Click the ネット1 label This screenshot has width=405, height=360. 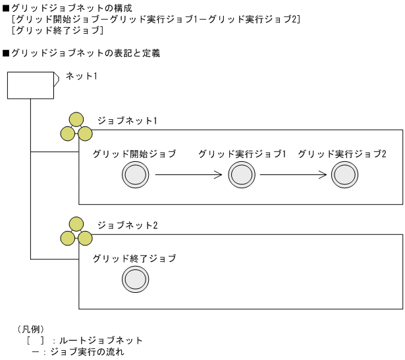pos(81,77)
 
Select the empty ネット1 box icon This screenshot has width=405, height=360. pos(30,86)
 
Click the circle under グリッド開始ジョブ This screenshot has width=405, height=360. pos(135,176)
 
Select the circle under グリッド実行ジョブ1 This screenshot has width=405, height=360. pos(242,176)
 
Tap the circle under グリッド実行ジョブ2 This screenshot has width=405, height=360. pos(344,176)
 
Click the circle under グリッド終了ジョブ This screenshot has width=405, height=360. pos(135,280)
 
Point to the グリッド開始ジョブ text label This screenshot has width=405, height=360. pos(135,154)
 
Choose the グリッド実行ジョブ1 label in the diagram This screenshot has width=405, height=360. pos(242,154)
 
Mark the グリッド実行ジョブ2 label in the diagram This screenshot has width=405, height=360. pos(342,154)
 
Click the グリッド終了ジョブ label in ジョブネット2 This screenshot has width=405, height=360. pos(135,259)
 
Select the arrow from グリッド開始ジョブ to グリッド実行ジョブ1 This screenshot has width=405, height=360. pos(188,176)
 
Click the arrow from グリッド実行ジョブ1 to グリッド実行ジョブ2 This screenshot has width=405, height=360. pos(293,176)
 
